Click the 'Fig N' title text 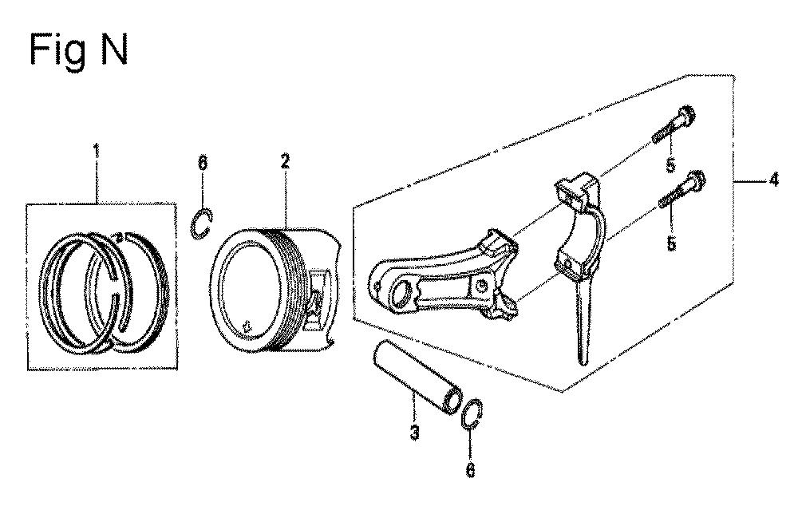(x=78, y=49)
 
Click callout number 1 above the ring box (x=96, y=151)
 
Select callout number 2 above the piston (x=285, y=162)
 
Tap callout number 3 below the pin (x=415, y=433)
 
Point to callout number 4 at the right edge (x=773, y=180)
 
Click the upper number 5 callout (x=671, y=165)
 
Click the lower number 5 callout (x=671, y=243)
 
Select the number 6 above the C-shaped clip (x=202, y=162)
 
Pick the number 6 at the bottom (x=470, y=470)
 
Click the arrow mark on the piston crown (x=247, y=326)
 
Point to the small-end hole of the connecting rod (x=402, y=295)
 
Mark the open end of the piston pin (x=452, y=402)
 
